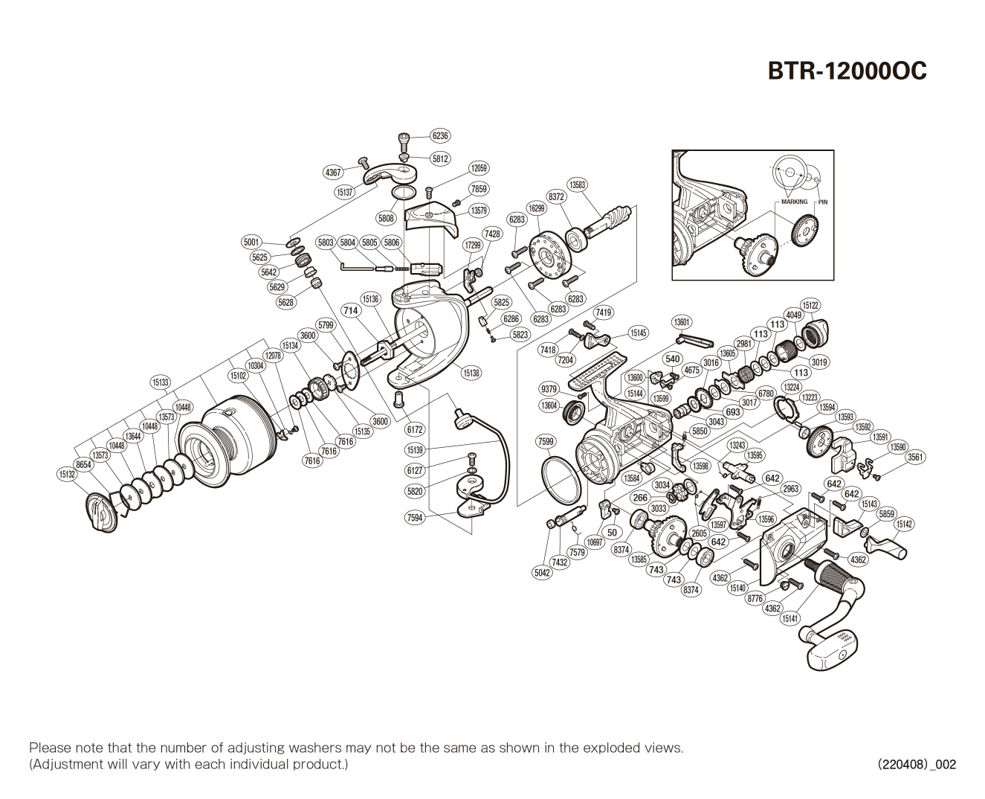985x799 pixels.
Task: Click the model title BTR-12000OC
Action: [847, 71]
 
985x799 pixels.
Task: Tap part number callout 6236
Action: [440, 135]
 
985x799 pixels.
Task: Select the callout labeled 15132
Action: [67, 474]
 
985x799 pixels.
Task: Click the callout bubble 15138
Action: [471, 373]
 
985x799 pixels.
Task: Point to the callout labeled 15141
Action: [790, 618]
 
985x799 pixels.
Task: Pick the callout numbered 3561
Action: [915, 457]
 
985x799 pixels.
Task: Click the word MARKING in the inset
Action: [794, 202]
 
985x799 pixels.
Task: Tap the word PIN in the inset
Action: [823, 202]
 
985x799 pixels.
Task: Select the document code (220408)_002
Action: [916, 764]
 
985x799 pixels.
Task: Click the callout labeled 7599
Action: [546, 441]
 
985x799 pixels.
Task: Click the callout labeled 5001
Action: [251, 242]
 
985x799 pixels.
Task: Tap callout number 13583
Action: [577, 184]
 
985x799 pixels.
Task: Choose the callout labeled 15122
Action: [810, 305]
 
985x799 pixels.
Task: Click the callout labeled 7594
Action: [415, 518]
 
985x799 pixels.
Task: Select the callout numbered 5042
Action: [542, 572]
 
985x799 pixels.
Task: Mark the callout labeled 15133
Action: [161, 382]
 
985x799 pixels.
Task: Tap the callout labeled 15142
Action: [904, 524]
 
